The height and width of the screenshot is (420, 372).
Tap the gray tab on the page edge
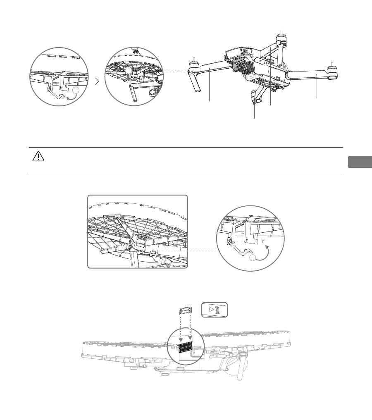click(x=359, y=162)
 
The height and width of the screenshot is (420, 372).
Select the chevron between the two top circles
click(x=97, y=82)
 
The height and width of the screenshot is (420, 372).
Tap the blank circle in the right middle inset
click(x=253, y=258)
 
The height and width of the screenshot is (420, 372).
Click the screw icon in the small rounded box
click(x=219, y=310)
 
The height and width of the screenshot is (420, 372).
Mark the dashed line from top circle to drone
click(x=174, y=71)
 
